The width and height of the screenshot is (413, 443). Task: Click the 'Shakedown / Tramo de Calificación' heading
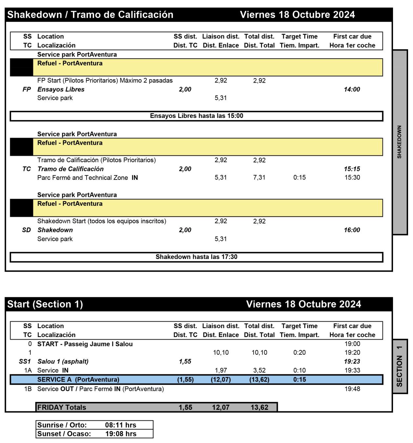tap(90, 15)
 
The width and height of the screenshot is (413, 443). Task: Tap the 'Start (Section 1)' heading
tap(45, 304)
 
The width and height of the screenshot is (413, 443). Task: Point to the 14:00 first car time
tap(352, 89)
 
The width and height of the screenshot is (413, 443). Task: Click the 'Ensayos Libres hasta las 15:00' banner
tap(196, 116)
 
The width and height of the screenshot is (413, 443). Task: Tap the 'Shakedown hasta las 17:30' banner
tap(196, 257)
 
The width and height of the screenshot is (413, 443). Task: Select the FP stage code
tap(27, 89)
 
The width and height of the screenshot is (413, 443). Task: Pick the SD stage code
tap(27, 230)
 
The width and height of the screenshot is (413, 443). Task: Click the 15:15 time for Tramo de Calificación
tap(352, 169)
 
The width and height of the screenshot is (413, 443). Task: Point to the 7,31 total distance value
tap(259, 178)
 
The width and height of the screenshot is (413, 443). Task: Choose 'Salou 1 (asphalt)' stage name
tap(63, 362)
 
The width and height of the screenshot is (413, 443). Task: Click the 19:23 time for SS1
tap(352, 362)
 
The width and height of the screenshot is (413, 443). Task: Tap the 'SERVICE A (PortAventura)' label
tap(78, 380)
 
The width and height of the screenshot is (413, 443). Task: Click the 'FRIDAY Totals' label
tap(62, 408)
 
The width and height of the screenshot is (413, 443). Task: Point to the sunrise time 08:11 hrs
tap(121, 425)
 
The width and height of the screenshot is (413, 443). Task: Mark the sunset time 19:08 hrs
tap(121, 434)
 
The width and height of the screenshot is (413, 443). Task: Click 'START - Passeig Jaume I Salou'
tap(85, 344)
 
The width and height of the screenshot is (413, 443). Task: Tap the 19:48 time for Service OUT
tap(352, 389)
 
